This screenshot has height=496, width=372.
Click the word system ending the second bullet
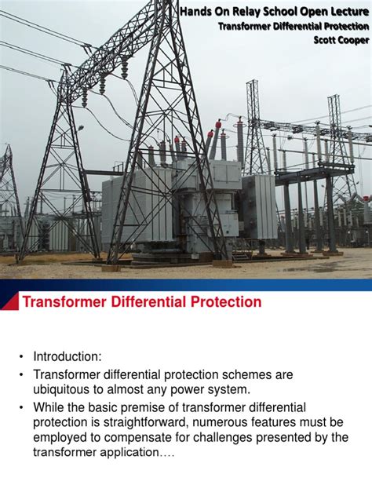pyautogui.click(x=228, y=388)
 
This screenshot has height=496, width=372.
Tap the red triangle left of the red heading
pyautogui.click(x=9, y=301)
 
